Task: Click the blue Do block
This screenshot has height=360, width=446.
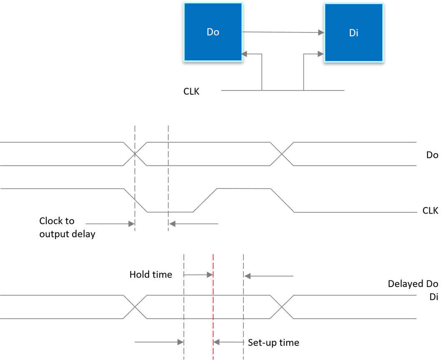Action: pyautogui.click(x=213, y=33)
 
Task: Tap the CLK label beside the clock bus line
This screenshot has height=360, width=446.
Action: pyautogui.click(x=191, y=91)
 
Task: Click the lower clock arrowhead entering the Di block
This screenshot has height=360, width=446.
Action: pyautogui.click(x=321, y=54)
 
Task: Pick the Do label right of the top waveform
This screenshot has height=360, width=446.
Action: pyautogui.click(x=432, y=155)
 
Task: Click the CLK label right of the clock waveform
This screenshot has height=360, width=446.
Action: pyautogui.click(x=431, y=211)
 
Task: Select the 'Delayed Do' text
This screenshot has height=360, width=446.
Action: pyautogui.click(x=413, y=284)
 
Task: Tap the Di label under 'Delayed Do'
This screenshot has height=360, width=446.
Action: pyautogui.click(x=434, y=297)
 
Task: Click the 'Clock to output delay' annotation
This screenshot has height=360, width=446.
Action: pyautogui.click(x=67, y=227)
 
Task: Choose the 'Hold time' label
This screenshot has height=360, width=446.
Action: pyautogui.click(x=151, y=274)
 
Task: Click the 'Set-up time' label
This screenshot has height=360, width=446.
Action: pyautogui.click(x=274, y=343)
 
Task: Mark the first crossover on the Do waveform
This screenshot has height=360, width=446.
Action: pyautogui.click(x=135, y=154)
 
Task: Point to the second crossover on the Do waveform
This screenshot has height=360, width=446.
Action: pyautogui.click(x=282, y=154)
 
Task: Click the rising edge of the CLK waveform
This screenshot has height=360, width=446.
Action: pyautogui.click(x=205, y=200)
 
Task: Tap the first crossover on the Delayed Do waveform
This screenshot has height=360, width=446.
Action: pyautogui.click(x=135, y=307)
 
